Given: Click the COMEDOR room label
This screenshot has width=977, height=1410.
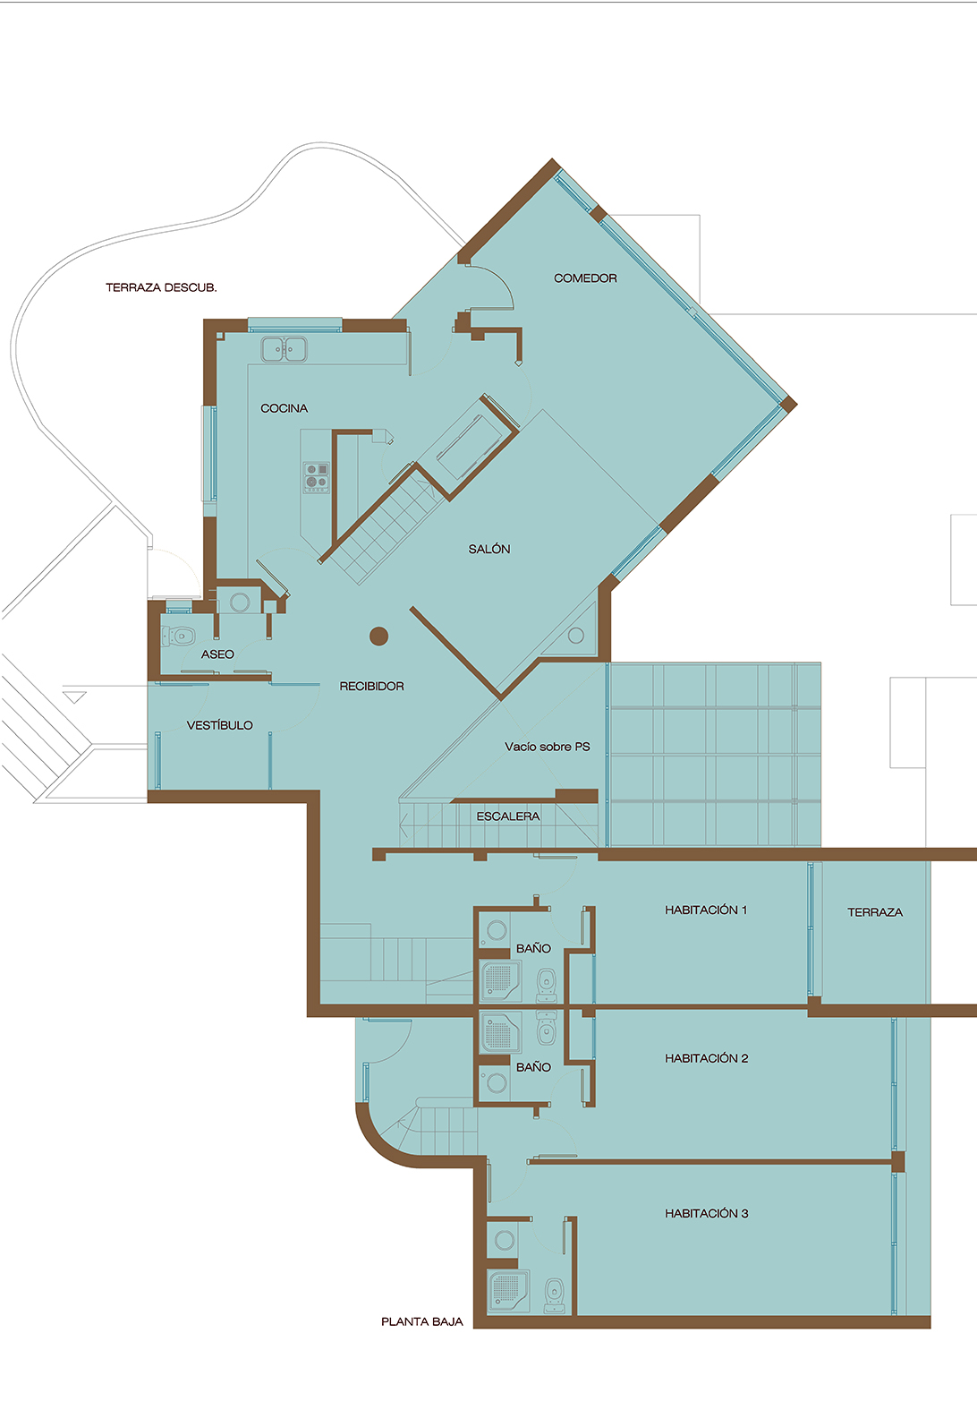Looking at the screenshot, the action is (585, 278).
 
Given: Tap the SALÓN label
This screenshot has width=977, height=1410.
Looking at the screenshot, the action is (488, 549).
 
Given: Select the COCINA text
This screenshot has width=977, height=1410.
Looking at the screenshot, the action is (285, 408).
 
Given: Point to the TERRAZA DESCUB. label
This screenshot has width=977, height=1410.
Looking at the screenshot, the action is (161, 287).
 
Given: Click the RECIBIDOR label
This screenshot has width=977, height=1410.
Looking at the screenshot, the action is (372, 686).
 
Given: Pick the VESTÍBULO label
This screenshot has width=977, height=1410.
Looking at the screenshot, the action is (219, 725).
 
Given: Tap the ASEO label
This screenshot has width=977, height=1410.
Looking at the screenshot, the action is (217, 654).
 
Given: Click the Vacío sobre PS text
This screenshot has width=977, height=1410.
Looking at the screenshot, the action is (548, 747).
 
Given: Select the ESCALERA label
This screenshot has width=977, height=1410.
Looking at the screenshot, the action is (507, 816).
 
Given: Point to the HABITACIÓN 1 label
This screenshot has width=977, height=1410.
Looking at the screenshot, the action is (706, 910).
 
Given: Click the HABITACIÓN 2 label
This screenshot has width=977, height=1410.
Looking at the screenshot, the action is (707, 1058).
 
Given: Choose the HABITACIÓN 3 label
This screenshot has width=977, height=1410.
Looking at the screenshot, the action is (707, 1213).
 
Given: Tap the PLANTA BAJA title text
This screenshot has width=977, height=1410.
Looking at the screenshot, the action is (422, 1322).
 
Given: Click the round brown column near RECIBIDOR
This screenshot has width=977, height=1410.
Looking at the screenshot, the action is (378, 637).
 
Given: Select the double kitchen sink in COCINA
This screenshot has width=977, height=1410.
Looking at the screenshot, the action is (285, 349).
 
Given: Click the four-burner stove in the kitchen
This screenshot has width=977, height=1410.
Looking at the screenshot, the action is (317, 477).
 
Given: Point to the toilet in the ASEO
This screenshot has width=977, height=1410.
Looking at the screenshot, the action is (178, 637).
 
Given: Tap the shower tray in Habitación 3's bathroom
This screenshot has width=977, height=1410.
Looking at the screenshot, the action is (508, 1290).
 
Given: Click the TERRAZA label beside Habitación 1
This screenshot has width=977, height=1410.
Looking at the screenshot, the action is (874, 912).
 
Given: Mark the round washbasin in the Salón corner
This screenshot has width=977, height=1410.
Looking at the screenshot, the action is (575, 636).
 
